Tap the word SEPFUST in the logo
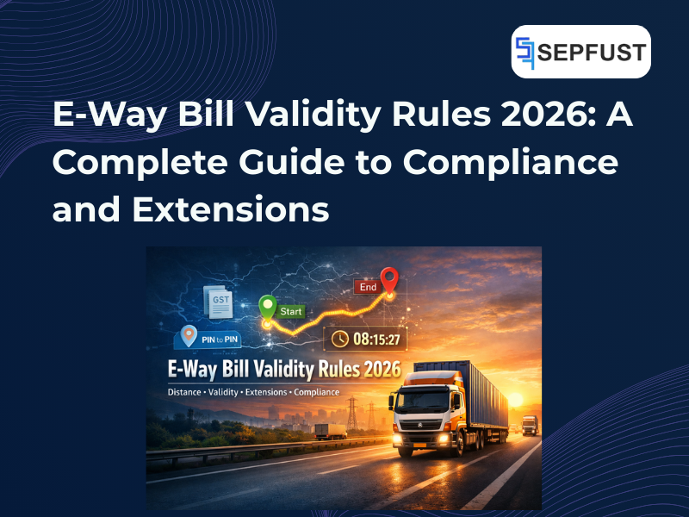coord(591,53)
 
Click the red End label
coord(367,287)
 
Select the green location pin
coord(267,308)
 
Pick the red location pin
coord(389,280)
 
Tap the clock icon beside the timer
coord(338,339)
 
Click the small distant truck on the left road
coord(326,431)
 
